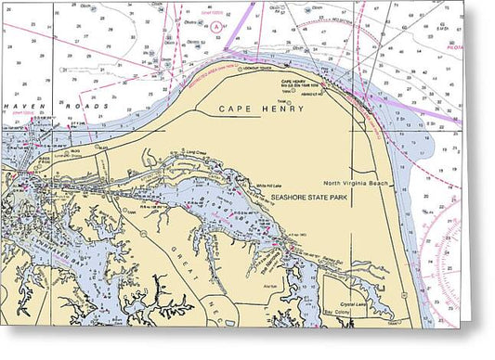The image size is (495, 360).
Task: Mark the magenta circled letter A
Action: tap(217, 28)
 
